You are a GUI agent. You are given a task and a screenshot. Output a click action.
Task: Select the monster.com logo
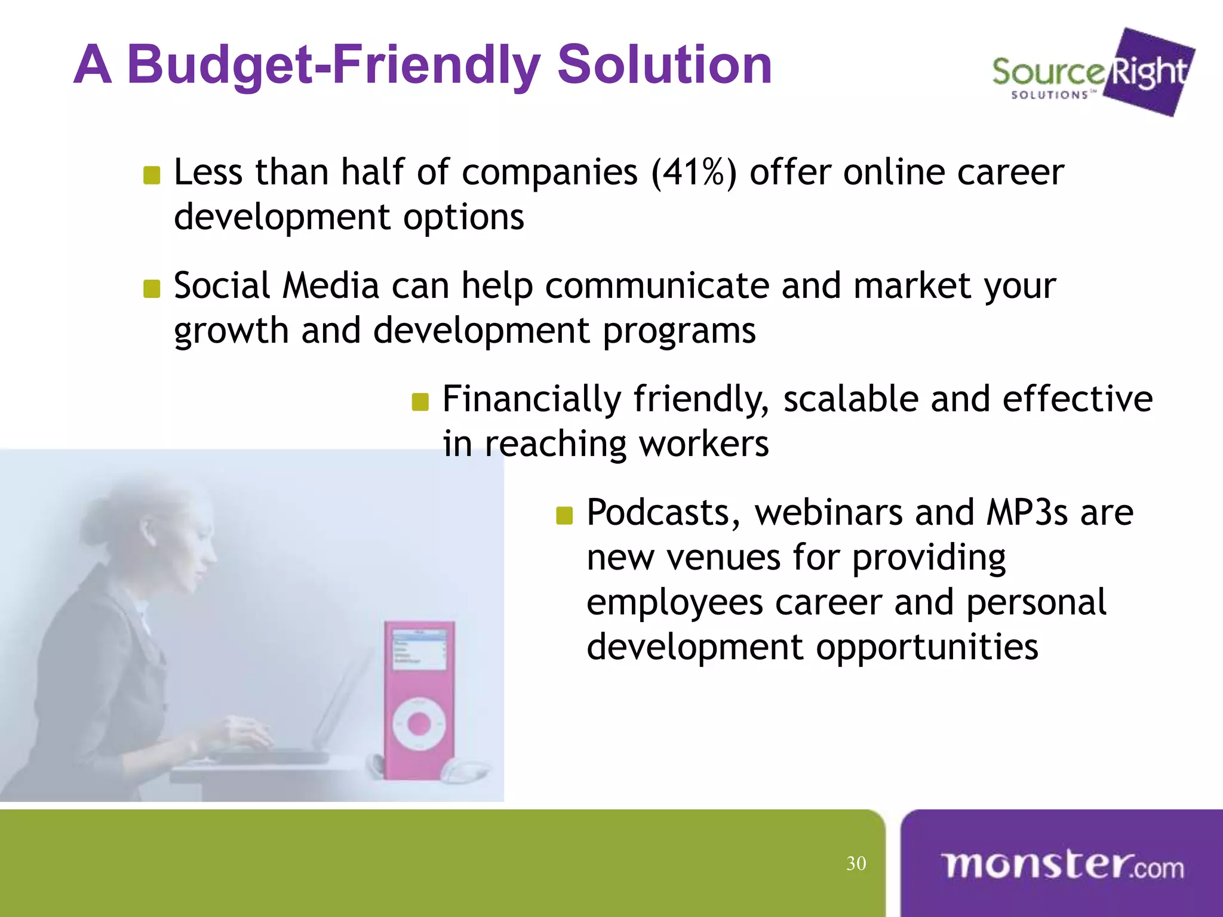point(1062,865)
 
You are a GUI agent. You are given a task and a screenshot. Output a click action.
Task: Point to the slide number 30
point(856,863)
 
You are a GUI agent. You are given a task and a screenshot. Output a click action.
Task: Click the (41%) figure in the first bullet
point(693,173)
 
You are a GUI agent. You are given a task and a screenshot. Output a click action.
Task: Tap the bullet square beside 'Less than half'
point(152,176)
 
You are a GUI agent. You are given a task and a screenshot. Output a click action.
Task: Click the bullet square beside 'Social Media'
point(152,289)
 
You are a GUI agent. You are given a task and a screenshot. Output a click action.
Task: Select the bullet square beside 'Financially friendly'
point(420,402)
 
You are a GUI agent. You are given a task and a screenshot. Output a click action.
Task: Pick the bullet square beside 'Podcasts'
point(564,515)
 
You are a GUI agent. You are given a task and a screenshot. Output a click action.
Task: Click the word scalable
point(850,399)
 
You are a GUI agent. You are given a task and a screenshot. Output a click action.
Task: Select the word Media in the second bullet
point(331,286)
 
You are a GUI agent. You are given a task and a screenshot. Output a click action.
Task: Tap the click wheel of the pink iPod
point(419,724)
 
